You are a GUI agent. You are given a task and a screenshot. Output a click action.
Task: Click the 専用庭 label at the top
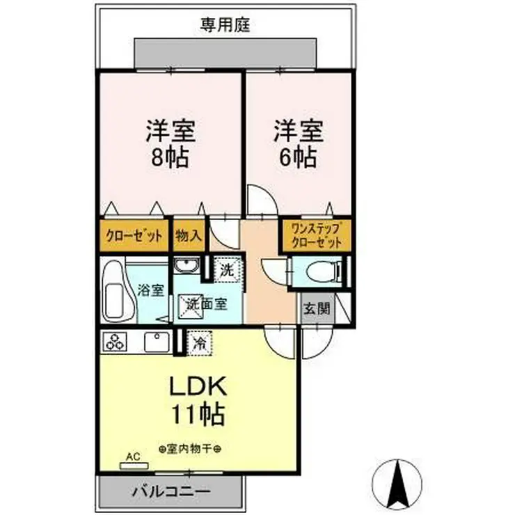coord(225,25)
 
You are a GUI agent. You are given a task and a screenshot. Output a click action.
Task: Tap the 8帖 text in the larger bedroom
coord(170,158)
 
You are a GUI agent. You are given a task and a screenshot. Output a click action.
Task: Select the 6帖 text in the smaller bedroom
coord(299,157)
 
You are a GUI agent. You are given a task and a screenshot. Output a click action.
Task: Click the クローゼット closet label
coord(134,235)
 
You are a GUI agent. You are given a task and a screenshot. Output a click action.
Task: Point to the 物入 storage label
coord(189,235)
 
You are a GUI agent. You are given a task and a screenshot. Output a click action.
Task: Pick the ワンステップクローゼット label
coord(316,236)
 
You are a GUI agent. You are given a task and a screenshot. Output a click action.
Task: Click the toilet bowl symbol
coord(323,272)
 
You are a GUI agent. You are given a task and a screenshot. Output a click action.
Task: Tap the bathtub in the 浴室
coord(118,291)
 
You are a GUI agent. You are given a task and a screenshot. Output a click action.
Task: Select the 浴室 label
coord(150,290)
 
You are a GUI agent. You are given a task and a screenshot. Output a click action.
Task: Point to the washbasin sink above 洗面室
coord(187,265)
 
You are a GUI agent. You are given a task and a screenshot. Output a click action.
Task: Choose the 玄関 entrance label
coord(317,308)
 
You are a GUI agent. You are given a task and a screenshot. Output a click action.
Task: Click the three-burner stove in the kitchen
coord(116,342)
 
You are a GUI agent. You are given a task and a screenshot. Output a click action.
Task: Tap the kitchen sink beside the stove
coord(157,342)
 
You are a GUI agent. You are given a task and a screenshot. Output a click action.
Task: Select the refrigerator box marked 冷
coord(200,343)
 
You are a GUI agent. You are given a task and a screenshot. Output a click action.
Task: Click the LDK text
coord(198,386)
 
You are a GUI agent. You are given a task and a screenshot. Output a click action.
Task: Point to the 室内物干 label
coord(189,449)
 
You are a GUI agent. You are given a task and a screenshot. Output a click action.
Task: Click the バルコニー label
coord(171,491)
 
